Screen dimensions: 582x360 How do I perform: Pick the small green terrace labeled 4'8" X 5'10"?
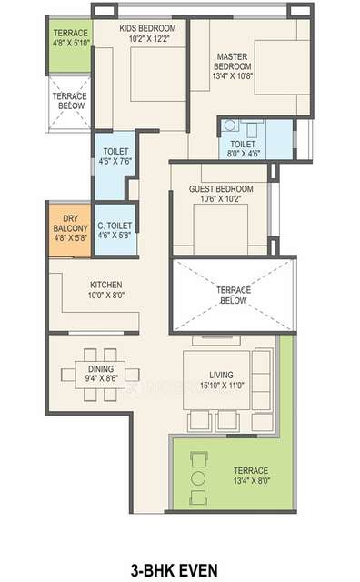(68, 47)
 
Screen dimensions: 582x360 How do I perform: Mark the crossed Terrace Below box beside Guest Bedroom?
(234, 295)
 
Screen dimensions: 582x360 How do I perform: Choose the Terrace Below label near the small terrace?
(68, 100)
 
